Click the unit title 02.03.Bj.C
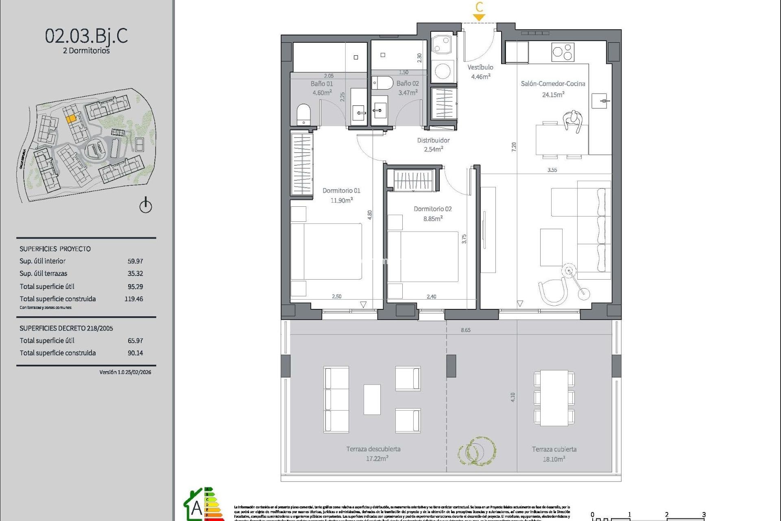pos(86,36)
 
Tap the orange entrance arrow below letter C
pos(479,18)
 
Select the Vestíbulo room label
pos(480,68)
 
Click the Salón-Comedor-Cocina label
pos(553,84)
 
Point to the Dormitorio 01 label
pos(341,190)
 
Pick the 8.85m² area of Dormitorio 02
pos(433,219)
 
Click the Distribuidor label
pos(433,140)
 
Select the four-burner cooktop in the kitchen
pos(563,52)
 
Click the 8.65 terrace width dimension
pos(465,330)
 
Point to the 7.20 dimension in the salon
pos(514,147)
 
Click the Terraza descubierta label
pos(373,449)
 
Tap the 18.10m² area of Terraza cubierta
pos(554,459)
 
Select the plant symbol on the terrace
pos(477,451)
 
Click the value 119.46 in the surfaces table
pos(134,299)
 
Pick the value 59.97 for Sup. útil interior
pos(135,261)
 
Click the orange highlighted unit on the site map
pos(71,118)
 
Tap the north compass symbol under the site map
pos(146,206)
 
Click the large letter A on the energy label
pos(196,508)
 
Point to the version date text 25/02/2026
pos(138,372)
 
